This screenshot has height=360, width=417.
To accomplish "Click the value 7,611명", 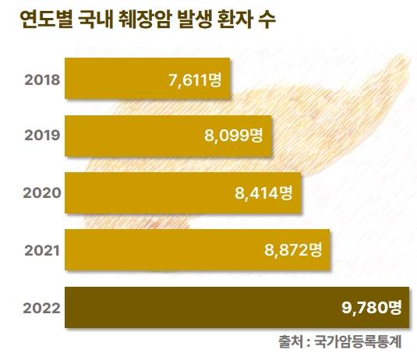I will (195, 79).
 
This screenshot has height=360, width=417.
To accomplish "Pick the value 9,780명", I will (370, 307).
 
